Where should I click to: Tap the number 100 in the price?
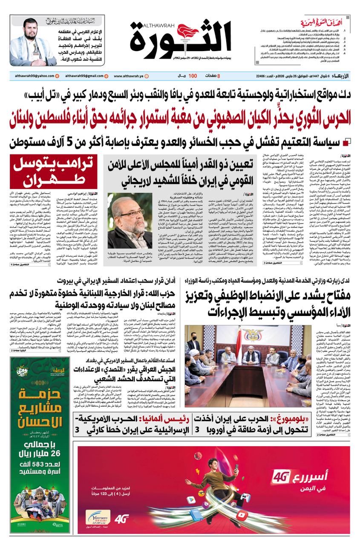coord(193,76)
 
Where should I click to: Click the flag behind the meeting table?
coord(250,345)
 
